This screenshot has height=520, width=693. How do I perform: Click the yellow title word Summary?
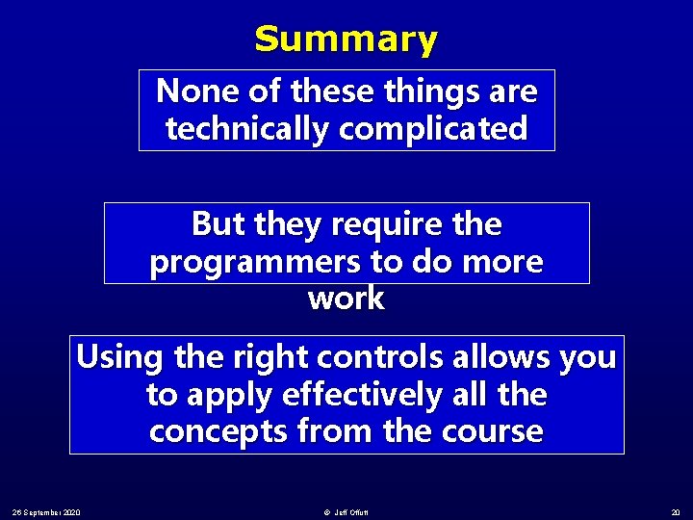(346, 39)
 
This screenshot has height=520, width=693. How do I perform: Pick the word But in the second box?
(218, 224)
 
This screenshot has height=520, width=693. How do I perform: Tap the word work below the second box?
(346, 299)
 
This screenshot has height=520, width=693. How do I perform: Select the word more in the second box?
(506, 262)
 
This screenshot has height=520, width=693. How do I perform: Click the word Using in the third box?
(120, 357)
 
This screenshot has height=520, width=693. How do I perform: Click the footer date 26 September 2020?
(46, 510)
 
